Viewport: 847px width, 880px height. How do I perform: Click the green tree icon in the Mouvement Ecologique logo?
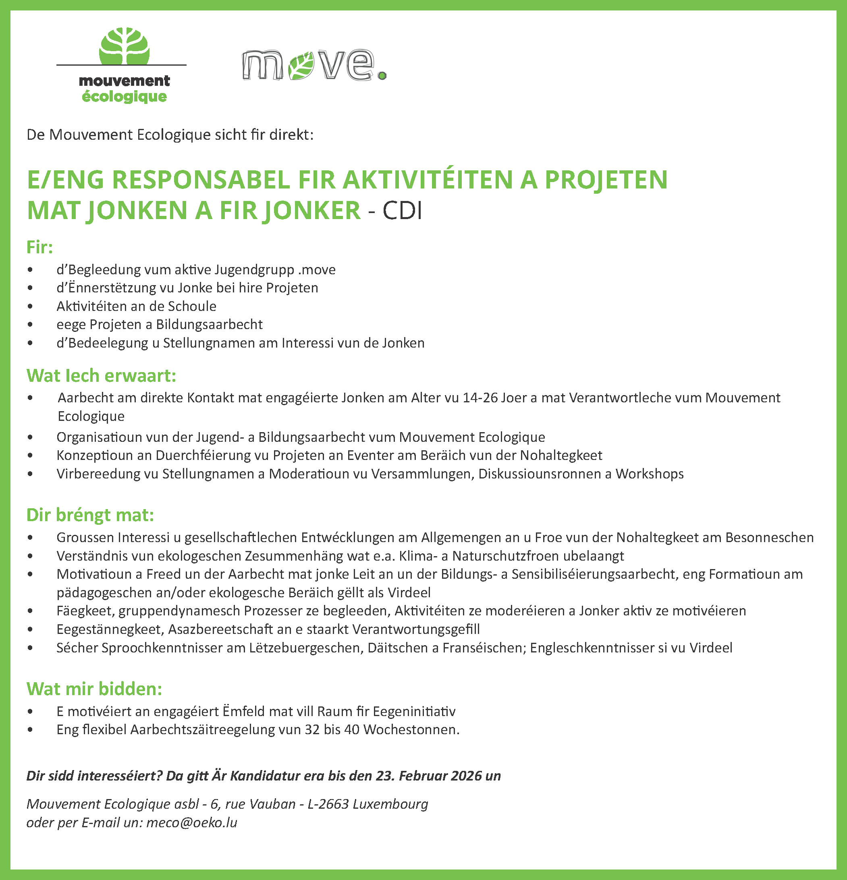[125, 46]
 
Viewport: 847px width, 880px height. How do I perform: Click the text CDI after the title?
[402, 211]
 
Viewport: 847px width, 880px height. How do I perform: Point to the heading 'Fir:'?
[40, 247]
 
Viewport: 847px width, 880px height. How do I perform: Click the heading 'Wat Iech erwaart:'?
[102, 376]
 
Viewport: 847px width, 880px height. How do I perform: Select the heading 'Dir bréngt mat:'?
[90, 515]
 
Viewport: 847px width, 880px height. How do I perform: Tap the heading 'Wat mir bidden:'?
[94, 689]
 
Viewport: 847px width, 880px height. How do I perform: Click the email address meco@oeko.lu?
[192, 822]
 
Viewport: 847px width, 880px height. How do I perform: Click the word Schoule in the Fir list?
[192, 306]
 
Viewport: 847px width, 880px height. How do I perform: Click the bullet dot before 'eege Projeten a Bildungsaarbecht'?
[30, 325]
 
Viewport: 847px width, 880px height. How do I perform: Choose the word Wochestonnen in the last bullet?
[411, 730]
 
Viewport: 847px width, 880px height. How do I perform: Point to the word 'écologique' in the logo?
[125, 97]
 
